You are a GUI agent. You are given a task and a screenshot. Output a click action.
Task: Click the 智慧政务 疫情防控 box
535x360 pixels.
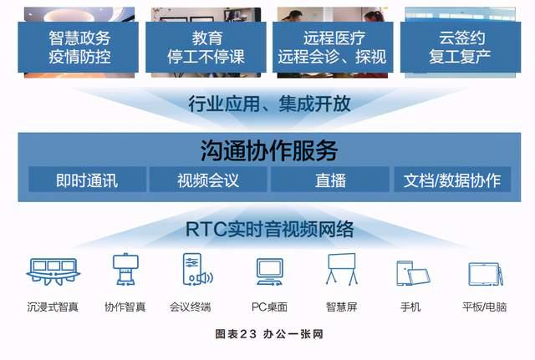click(78, 47)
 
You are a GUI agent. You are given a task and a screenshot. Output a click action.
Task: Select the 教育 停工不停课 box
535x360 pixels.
click(206, 47)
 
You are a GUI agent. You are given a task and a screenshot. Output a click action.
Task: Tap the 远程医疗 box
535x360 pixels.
click(333, 47)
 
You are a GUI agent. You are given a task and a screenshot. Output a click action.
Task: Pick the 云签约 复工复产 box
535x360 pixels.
click(461, 47)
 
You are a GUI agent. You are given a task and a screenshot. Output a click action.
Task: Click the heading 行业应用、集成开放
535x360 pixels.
click(269, 104)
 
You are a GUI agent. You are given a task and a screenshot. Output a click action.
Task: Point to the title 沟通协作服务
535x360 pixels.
click(269, 150)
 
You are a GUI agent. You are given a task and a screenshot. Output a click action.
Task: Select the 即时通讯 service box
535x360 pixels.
click(87, 180)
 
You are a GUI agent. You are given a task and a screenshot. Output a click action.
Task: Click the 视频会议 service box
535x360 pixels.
click(208, 180)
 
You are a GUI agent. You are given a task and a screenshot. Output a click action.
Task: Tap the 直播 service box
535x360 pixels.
click(330, 180)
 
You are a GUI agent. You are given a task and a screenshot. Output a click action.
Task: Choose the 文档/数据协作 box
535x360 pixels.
click(452, 180)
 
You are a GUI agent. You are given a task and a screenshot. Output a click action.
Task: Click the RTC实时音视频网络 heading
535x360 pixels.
click(269, 229)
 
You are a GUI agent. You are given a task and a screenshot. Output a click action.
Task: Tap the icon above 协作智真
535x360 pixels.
click(125, 269)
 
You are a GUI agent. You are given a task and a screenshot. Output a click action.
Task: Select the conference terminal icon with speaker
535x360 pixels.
click(197, 269)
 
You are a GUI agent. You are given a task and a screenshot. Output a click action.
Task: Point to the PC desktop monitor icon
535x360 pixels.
click(269, 271)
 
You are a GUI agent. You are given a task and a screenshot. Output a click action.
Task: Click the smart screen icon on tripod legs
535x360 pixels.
click(342, 269)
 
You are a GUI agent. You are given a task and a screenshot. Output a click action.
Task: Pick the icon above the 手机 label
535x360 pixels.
click(413, 273)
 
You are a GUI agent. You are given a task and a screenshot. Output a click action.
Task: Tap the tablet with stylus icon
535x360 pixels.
click(486, 274)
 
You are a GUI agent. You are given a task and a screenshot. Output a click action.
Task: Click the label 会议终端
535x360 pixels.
click(191, 307)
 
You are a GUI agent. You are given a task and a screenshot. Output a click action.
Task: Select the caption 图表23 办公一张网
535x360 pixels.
click(269, 334)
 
